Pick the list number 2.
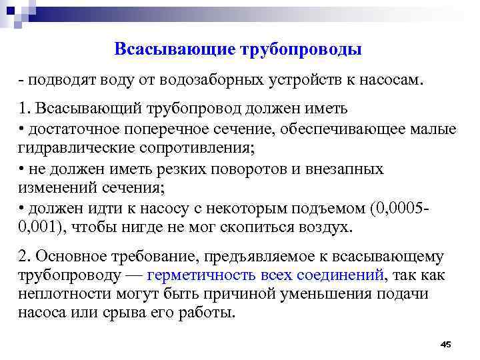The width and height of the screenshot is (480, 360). click(x=25, y=257)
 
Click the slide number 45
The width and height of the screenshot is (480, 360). click(x=446, y=344)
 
